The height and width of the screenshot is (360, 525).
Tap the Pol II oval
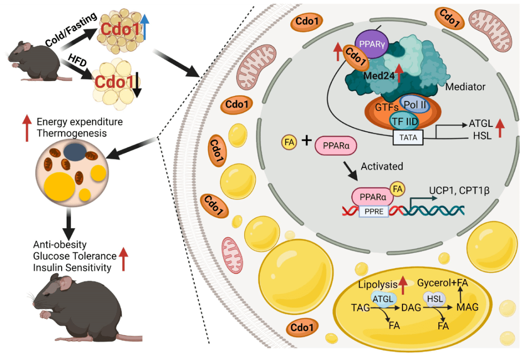click(415, 103)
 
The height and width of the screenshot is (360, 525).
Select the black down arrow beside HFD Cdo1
click(138, 85)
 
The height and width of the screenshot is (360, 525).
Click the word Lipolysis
click(376, 283)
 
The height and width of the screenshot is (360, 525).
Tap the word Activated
click(382, 166)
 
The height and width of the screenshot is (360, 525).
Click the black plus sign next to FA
click(307, 141)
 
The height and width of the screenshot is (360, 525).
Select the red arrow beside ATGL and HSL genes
click(500, 129)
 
